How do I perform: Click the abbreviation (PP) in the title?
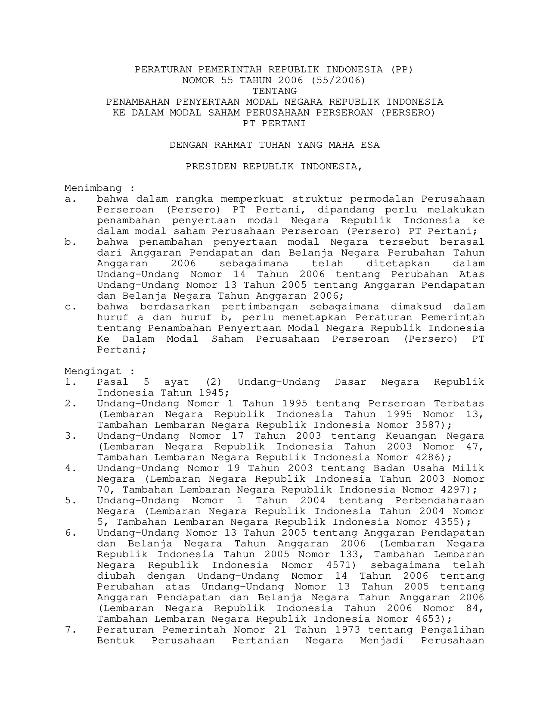coord(401,70)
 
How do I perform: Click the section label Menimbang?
coord(93,188)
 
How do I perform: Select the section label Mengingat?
coord(93,371)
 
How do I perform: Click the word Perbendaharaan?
coord(440,501)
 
